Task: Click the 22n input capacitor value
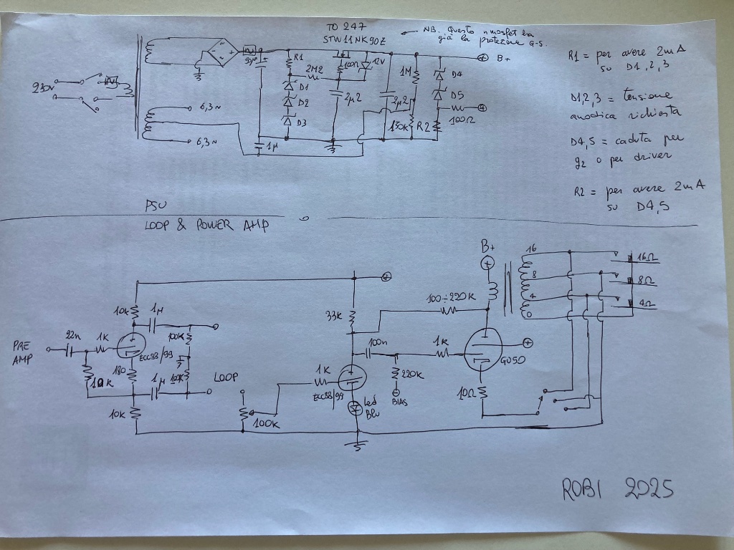tap(73, 336)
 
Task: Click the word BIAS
tap(398, 403)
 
